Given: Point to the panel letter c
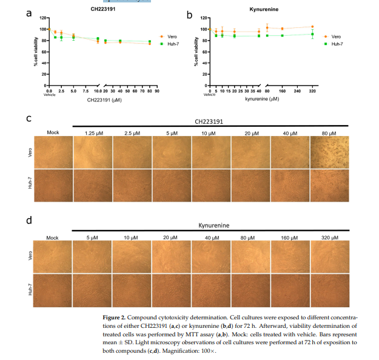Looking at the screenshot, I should [29, 118].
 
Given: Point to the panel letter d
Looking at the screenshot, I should [29, 220].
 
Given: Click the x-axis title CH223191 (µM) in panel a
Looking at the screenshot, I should [104, 100].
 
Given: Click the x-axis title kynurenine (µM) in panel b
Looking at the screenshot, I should [262, 99].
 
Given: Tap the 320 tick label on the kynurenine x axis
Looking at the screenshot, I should [312, 91].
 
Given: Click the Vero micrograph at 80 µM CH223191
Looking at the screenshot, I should [330, 152].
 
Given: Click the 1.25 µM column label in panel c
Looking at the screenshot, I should [92, 132].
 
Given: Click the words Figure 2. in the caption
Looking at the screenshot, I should [117, 318].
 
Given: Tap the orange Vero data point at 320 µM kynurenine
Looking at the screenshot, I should [312, 27].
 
